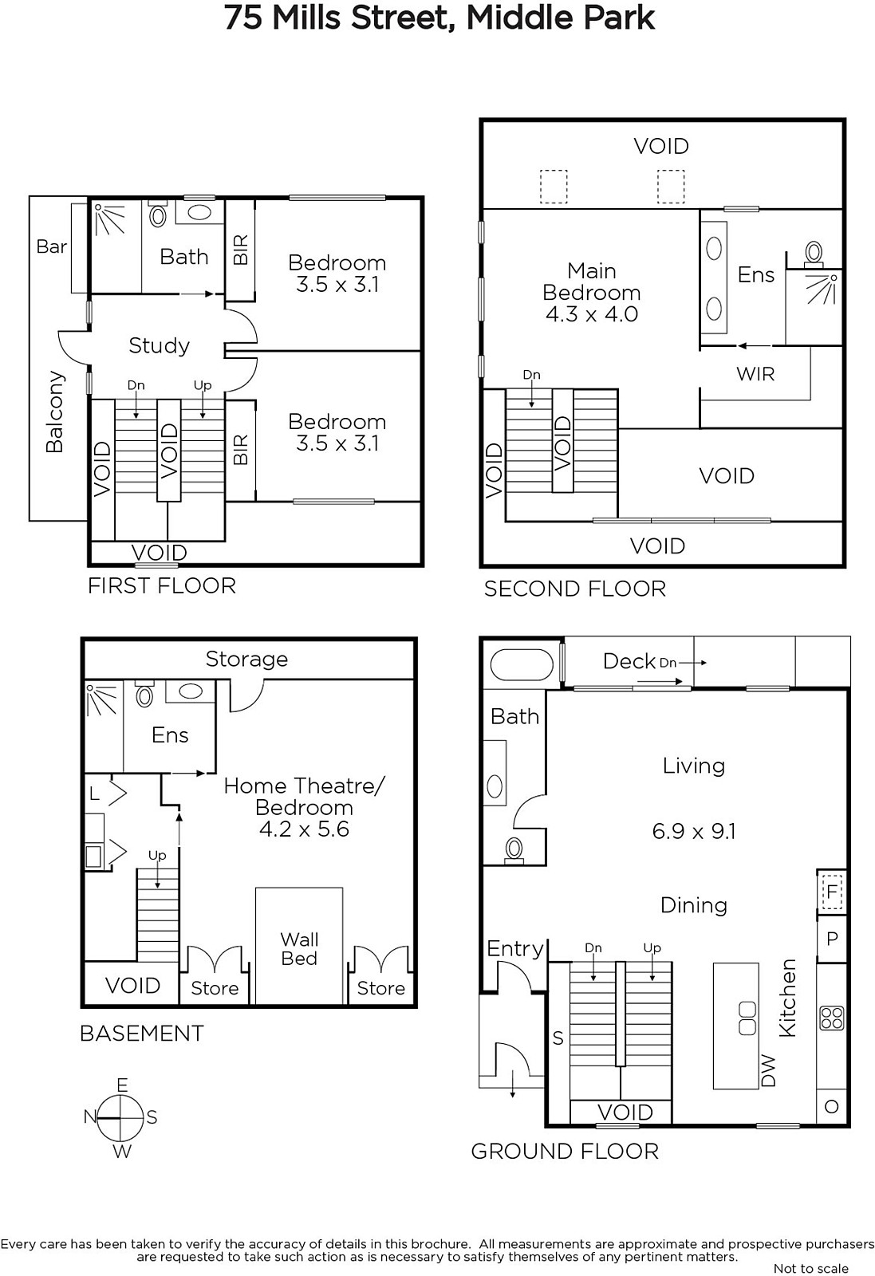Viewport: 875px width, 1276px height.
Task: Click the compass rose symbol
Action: point(120,1117)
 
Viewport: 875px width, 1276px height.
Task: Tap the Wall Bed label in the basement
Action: point(299,948)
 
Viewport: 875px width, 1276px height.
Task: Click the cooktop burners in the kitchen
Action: point(831,1018)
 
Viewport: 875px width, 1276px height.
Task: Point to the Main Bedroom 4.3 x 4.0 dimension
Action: point(591,314)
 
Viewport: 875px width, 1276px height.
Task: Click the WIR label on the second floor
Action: point(755,374)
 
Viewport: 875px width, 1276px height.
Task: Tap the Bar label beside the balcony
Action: point(51,246)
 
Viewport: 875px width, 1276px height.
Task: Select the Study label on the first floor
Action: point(159,346)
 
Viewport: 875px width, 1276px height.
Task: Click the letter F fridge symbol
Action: point(832,890)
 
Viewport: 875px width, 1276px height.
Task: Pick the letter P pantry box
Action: point(832,938)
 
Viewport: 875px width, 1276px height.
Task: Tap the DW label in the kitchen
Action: point(768,1070)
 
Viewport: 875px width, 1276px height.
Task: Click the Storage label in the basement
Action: point(246,659)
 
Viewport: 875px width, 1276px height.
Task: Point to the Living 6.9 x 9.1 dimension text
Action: point(694,831)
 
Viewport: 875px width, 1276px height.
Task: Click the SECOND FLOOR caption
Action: point(575,589)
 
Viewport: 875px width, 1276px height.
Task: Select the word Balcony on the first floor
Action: point(55,412)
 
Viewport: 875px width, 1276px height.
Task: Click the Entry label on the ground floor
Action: point(515,948)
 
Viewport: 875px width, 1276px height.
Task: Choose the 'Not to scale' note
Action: point(811,1268)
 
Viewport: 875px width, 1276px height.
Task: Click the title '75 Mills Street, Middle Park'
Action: point(439,18)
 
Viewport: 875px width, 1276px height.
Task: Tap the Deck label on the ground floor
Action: point(629,661)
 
